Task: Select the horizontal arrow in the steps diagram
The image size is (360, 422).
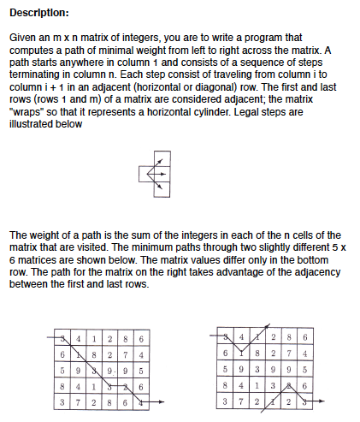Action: [157, 175]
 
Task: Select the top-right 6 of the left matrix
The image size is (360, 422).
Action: [139, 338]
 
